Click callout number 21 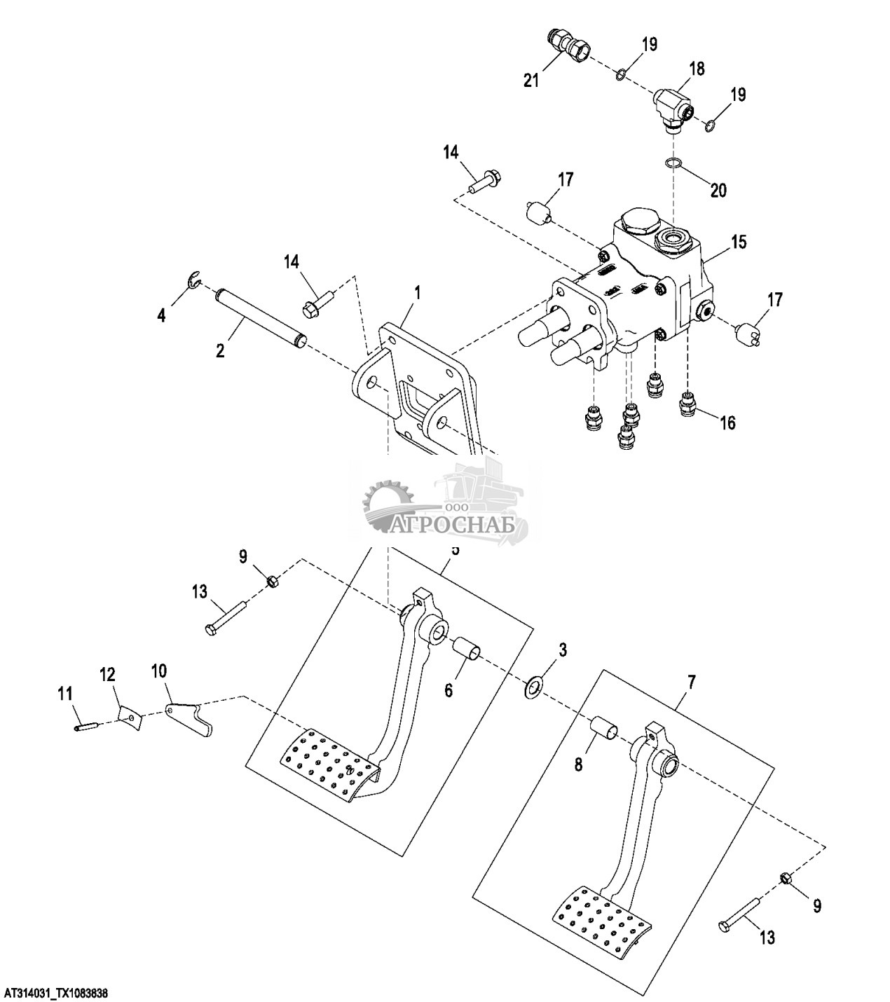point(531,81)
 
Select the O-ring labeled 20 point(673,163)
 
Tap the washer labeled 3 point(535,687)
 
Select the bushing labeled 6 point(465,650)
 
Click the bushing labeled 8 point(605,727)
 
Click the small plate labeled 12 point(129,715)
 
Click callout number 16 point(728,423)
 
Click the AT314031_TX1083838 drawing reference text point(57,994)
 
